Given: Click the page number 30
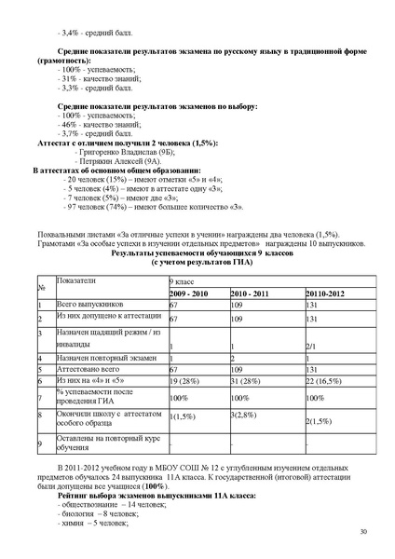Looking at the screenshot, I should click(361, 531).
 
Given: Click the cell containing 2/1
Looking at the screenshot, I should click(311, 346).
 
